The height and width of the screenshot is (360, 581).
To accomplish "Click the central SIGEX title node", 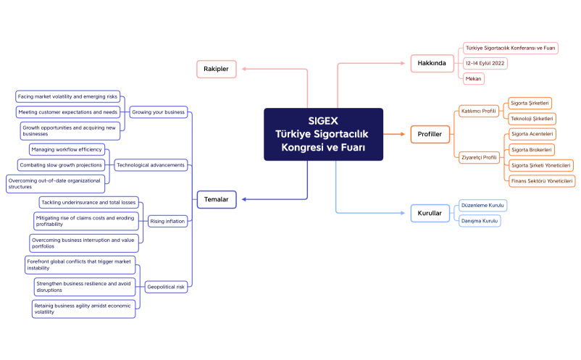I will click(x=323, y=134).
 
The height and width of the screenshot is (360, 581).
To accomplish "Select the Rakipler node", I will click(x=217, y=69).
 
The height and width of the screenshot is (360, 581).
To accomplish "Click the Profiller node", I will click(x=430, y=134).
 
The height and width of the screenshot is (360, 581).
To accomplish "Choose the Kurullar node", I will click(x=430, y=213).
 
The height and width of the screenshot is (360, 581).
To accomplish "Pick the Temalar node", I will click(x=217, y=198).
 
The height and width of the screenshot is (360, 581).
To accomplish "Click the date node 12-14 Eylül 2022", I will click(x=485, y=63).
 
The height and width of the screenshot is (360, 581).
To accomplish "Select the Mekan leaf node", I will click(x=474, y=78).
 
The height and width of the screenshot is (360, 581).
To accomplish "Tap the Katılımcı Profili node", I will click(x=479, y=111).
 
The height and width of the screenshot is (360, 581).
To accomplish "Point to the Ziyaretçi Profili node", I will click(x=479, y=157).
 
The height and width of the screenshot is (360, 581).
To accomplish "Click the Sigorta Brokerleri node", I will click(x=532, y=150).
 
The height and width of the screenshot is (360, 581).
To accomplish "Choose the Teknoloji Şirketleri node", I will click(x=532, y=119).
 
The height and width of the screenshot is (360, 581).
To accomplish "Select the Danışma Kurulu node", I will click(x=480, y=221).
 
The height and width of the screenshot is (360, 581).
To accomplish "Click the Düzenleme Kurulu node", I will click(x=483, y=206).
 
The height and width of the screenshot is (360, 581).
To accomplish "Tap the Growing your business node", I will click(x=158, y=112).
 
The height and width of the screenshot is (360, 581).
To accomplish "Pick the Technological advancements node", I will click(x=151, y=165).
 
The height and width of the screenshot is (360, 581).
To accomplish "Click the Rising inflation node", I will click(x=167, y=221).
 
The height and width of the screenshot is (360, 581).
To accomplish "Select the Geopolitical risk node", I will click(x=166, y=287).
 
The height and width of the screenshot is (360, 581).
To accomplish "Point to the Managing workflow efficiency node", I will click(x=67, y=149).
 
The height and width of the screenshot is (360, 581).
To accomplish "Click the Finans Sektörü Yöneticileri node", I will click(x=541, y=180).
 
